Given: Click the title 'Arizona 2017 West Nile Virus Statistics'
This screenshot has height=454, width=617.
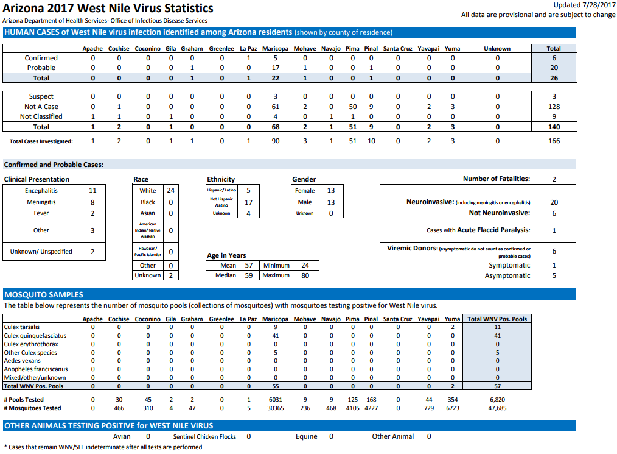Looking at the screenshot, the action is click(x=108, y=9).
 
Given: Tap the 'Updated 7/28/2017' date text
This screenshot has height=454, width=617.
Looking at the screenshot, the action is click(x=584, y=5).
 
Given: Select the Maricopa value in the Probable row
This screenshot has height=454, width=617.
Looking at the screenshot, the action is click(x=276, y=68).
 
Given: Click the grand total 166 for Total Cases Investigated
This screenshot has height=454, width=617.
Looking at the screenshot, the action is click(x=554, y=141).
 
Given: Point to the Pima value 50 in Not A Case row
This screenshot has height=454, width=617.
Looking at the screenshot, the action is click(x=352, y=107).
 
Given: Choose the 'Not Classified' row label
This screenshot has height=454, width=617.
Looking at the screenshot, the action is click(x=41, y=116).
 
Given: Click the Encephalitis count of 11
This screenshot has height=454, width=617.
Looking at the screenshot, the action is click(x=92, y=190).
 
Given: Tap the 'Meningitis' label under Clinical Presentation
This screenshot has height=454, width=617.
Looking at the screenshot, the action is click(x=41, y=202).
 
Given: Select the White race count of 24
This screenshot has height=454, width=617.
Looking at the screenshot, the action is click(x=171, y=190).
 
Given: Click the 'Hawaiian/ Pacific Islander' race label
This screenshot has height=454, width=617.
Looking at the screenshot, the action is click(x=148, y=252).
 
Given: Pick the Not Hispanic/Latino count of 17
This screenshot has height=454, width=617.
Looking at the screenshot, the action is click(x=249, y=202).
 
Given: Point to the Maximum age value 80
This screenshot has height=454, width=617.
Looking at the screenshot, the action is click(x=305, y=275).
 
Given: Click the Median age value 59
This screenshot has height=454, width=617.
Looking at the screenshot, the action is click(x=249, y=275).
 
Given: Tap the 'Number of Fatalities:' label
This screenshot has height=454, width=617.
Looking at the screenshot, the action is click(x=497, y=179).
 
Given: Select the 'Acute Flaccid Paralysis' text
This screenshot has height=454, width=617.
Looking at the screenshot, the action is click(x=493, y=230).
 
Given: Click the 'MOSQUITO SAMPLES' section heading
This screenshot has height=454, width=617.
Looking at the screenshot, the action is click(x=44, y=295).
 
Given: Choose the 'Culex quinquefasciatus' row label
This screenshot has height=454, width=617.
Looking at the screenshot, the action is click(x=35, y=336).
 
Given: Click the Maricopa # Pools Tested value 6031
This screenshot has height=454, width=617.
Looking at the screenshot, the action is click(x=276, y=400).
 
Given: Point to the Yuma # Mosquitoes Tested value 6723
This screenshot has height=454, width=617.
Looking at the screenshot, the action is click(x=453, y=408).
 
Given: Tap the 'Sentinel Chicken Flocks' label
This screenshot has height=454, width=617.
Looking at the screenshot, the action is click(x=204, y=437).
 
